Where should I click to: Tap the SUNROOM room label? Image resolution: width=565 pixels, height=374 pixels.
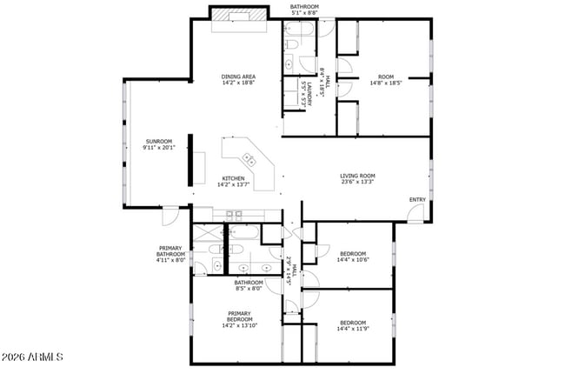click(x=158, y=141)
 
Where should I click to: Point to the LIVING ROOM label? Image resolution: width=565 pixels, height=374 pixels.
click(x=356, y=176)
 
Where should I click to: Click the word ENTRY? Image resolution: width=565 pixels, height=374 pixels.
click(x=417, y=200)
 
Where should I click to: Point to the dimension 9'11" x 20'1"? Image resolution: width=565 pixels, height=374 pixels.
click(x=158, y=148)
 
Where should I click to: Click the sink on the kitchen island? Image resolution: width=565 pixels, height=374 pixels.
click(x=249, y=159)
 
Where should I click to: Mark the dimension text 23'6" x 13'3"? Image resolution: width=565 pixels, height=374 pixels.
click(x=356, y=183)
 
